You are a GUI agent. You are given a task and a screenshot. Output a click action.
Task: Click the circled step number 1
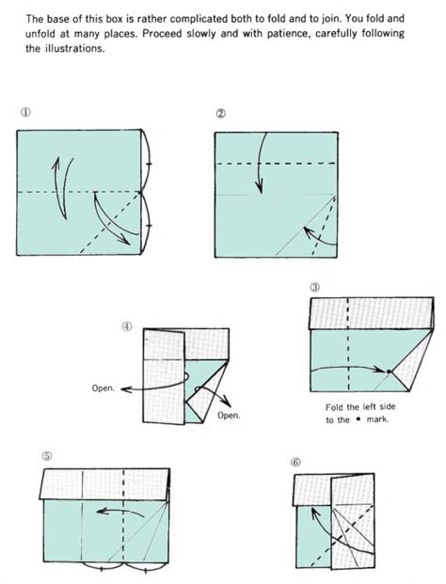pyautogui.click(x=24, y=113)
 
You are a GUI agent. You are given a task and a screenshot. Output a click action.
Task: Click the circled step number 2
pyautogui.click(x=220, y=114)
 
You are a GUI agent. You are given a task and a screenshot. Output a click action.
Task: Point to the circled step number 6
pyautogui.click(x=295, y=463)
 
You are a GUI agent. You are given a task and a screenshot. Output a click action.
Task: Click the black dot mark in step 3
pyautogui.click(x=388, y=372)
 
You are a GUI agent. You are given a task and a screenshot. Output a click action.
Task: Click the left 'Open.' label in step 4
pyautogui.click(x=104, y=386)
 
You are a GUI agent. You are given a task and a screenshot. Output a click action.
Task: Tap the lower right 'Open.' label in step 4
pyautogui.click(x=229, y=415)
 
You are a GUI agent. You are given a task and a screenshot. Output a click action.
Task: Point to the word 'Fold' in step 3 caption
pyautogui.click(x=327, y=407)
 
